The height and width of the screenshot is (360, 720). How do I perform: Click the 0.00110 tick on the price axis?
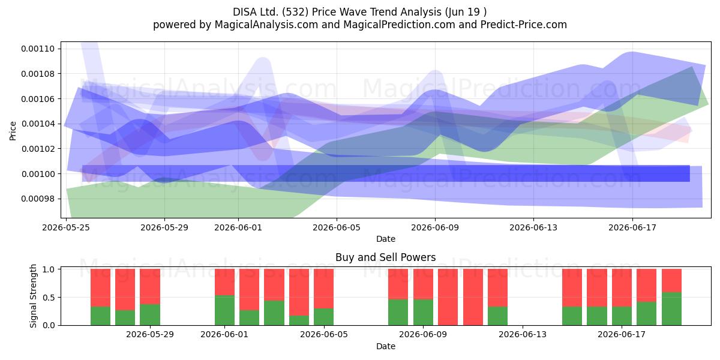pyautogui.click(x=38, y=49)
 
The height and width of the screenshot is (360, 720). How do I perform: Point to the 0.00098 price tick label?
pyautogui.click(x=38, y=199)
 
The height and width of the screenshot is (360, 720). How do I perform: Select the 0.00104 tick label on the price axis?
pyautogui.click(x=38, y=124)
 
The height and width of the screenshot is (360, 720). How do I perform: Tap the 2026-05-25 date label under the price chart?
pyautogui.click(x=66, y=227)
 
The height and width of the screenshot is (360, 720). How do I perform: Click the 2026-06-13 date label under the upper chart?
pyautogui.click(x=533, y=227)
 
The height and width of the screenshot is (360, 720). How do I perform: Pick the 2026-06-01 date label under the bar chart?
pyautogui.click(x=224, y=335)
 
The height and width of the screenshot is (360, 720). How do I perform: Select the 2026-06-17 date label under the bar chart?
pyautogui.click(x=622, y=335)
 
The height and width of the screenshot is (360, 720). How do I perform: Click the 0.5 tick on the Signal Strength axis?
pyautogui.click(x=49, y=298)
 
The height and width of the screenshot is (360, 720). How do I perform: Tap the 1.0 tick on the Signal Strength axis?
pyautogui.click(x=49, y=269)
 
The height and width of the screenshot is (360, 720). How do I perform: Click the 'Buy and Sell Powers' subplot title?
pyautogui.click(x=385, y=257)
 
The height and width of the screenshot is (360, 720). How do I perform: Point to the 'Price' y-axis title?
pyautogui.click(x=13, y=131)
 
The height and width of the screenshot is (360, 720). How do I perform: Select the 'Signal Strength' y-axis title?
pyautogui.click(x=33, y=296)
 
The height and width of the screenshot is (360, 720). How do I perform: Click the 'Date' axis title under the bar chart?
pyautogui.click(x=386, y=347)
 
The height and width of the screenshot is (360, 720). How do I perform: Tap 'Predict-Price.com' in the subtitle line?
pyautogui.click(x=524, y=25)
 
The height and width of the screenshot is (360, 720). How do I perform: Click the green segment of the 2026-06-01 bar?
pyautogui.click(x=224, y=310)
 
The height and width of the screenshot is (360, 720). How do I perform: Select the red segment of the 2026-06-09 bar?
pyautogui.click(x=423, y=284)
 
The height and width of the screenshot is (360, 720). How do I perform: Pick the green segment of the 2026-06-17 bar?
pyautogui.click(x=622, y=316)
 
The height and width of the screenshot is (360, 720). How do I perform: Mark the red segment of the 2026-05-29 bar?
pyautogui.click(x=150, y=286)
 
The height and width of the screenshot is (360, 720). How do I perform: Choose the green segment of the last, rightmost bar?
pyautogui.click(x=671, y=309)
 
